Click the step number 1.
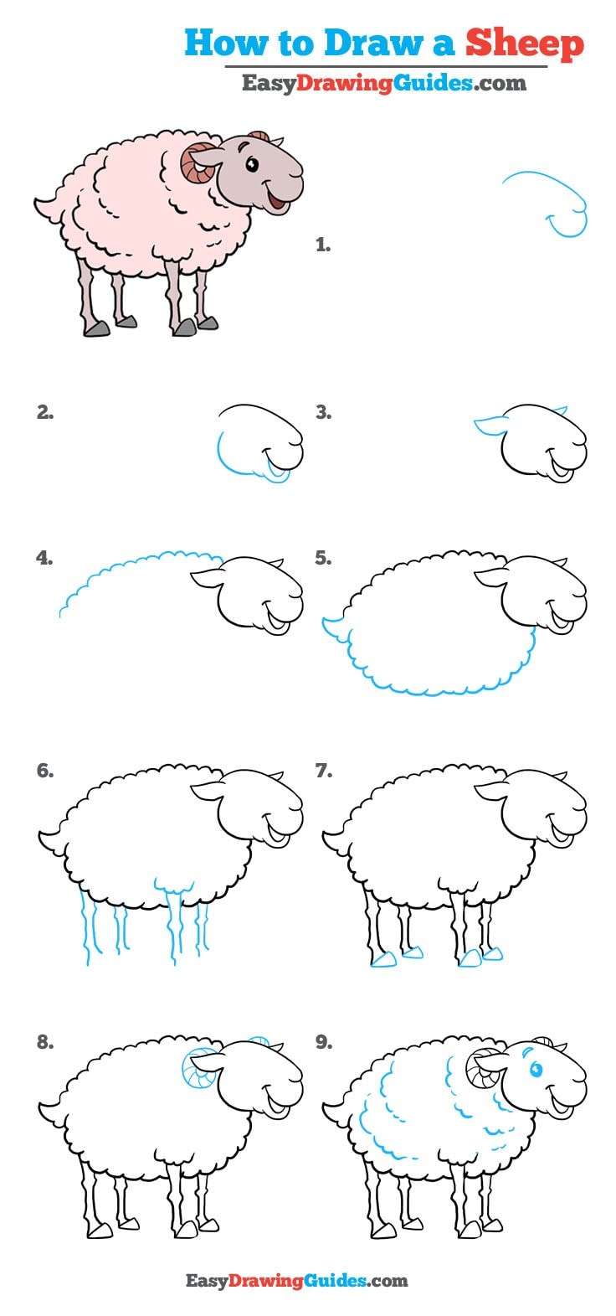(323, 245)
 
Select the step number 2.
(45, 412)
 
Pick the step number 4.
(45, 558)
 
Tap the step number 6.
(45, 772)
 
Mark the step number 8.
(45, 1043)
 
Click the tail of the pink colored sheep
(46, 204)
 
